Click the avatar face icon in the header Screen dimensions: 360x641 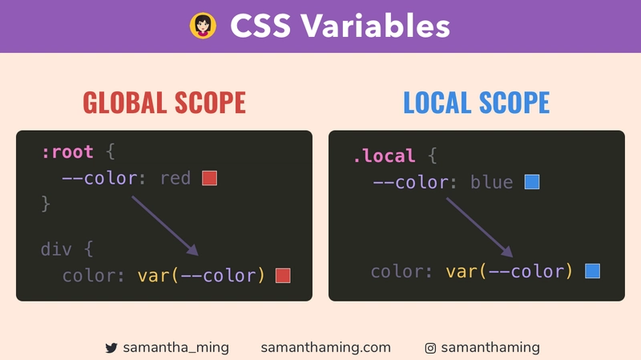click(204, 26)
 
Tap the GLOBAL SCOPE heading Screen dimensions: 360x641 click(164, 103)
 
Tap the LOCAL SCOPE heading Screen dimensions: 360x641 click(476, 103)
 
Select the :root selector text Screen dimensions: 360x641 click(67, 152)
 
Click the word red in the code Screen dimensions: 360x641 click(175, 178)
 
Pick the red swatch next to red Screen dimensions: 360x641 click(210, 178)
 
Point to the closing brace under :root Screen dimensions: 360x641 click(46, 204)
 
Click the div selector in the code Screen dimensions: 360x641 click(56, 249)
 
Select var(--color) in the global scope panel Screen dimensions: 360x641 click(201, 276)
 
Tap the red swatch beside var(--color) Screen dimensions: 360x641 click(283, 276)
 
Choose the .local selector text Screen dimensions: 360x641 click(384, 156)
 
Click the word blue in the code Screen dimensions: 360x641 click(491, 183)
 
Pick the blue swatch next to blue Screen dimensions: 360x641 click(532, 183)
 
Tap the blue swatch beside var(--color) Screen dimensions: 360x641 click(593, 271)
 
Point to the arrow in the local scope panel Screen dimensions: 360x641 click(478, 226)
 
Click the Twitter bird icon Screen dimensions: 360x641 click(111, 348)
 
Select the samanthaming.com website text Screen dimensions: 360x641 click(326, 347)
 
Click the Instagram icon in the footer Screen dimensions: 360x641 click(430, 348)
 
